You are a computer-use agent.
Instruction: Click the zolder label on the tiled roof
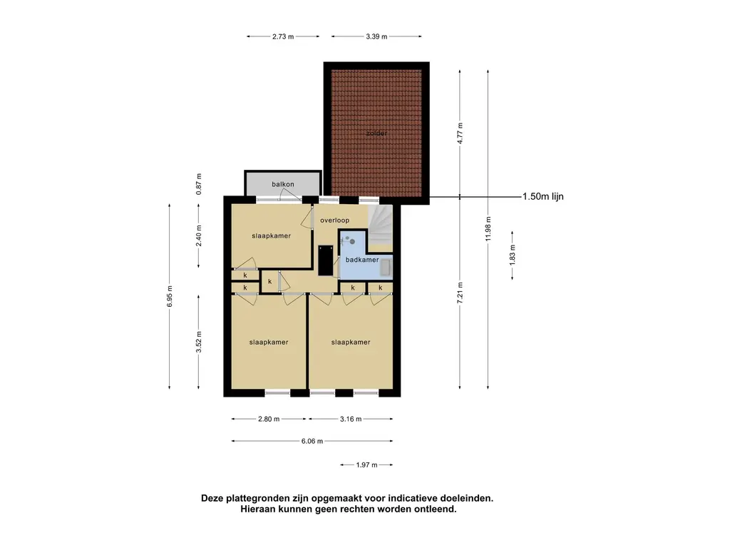coord(376,133)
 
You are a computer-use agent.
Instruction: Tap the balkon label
coord(283,184)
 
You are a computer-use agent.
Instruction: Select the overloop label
coord(334,220)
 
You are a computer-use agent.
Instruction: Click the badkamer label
coord(361,260)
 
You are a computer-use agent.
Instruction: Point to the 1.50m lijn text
coord(543,197)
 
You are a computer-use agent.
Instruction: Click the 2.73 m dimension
coord(283,36)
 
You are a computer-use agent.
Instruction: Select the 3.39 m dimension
coord(376,36)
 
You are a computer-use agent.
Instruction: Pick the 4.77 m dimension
coord(460,133)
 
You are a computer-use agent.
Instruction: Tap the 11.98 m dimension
coord(488,229)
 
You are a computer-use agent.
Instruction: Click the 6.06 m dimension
coord(312,441)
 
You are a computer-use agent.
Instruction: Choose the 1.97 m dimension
coord(366,465)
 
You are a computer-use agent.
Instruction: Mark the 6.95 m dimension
coord(170,296)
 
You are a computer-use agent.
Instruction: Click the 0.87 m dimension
coord(199,184)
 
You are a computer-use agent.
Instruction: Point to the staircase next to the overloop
coord(381,227)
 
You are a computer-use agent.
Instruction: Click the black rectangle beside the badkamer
coord(325,260)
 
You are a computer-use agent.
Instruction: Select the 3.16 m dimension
coord(351,419)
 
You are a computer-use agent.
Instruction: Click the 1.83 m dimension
coord(513,255)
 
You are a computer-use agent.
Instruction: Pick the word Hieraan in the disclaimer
coord(258,509)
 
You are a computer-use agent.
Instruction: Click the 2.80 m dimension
coord(269,419)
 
